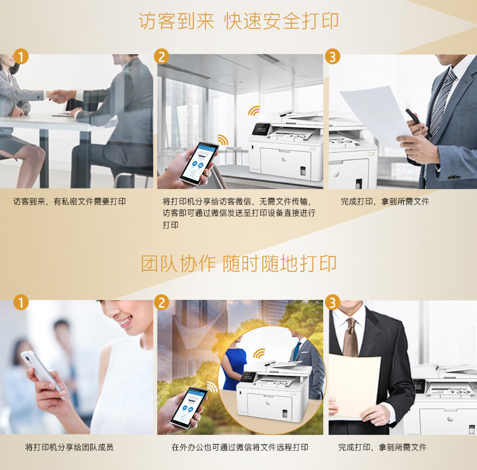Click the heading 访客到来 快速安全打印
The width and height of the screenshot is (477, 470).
click(238, 21)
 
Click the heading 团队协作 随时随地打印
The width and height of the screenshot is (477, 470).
click(238, 264)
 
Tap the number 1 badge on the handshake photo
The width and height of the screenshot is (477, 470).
click(21, 57)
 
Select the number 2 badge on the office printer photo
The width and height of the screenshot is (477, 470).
click(162, 57)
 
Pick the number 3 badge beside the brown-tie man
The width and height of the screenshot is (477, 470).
click(333, 303)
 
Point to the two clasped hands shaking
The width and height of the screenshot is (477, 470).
click(59, 96)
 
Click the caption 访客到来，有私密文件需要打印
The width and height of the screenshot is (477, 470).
click(69, 201)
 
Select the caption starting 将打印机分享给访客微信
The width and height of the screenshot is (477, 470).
click(238, 213)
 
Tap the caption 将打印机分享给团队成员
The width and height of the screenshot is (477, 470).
click(69, 447)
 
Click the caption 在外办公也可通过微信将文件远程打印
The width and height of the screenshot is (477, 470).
click(240, 447)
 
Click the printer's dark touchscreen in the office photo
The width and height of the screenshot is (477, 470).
click(261, 129)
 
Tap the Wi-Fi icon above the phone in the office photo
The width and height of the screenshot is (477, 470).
click(223, 140)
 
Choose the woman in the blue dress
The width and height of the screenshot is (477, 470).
click(234, 362)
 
